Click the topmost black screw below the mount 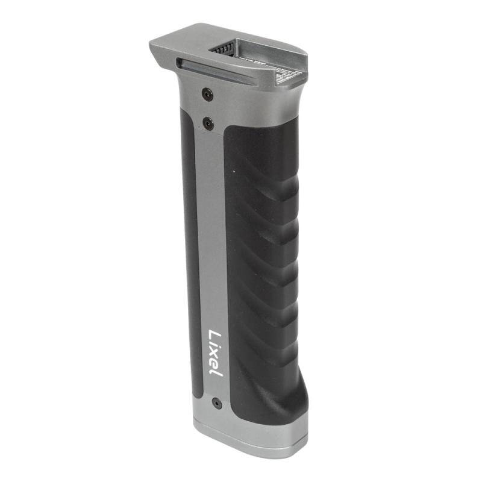click(x=207, y=94)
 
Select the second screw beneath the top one click(x=208, y=124)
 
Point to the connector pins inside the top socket click(x=224, y=47)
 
